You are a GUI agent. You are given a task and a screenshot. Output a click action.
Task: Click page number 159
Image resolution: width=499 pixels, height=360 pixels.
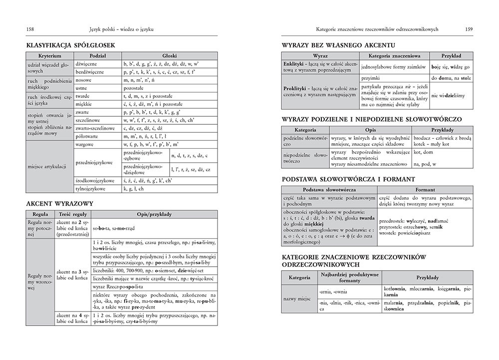tap(469, 29)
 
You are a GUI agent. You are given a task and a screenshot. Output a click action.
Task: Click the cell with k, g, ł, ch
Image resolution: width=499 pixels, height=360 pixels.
tap(133, 189)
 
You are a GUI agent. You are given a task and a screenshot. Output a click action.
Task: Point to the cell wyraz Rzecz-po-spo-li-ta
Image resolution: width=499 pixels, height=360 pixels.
tap(118, 287)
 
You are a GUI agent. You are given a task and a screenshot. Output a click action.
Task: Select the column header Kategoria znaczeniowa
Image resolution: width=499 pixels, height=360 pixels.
tap(393, 56)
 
